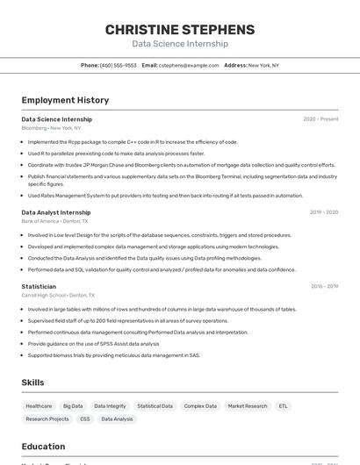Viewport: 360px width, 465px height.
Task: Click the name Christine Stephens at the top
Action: pos(180,30)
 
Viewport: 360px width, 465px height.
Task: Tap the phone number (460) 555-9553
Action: pos(118,65)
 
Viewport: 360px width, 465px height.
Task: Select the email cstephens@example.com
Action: pos(189,65)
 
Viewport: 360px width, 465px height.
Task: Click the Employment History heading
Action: pos(65,100)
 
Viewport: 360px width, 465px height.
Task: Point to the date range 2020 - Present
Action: pos(320,119)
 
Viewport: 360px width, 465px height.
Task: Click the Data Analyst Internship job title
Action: pos(56,212)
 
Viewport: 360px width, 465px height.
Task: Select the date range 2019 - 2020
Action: pos(323,212)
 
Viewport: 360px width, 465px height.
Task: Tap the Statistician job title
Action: pos(39,287)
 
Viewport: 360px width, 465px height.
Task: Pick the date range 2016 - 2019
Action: pos(324,287)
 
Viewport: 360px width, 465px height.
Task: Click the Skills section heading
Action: pos(32,383)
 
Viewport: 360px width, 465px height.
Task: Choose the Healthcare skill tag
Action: pos(39,406)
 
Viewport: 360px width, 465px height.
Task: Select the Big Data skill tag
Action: pos(73,406)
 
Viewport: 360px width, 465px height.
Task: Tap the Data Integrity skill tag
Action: pos(110,406)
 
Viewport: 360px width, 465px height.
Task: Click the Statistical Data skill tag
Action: pos(155,406)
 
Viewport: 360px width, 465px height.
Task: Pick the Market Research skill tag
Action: pos(247,406)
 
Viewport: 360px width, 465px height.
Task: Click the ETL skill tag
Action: pos(283,406)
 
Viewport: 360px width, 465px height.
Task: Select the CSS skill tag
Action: pos(85,419)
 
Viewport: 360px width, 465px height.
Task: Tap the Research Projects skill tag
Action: pos(47,419)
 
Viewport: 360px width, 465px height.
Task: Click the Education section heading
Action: pos(43,447)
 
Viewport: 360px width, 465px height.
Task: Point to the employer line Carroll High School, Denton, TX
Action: pos(54,296)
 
